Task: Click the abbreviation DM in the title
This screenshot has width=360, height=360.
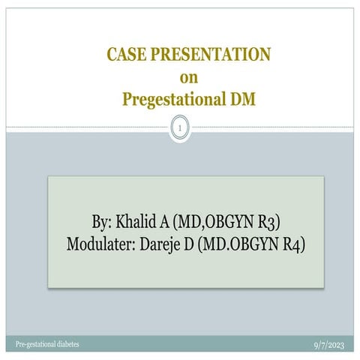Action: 242,97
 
